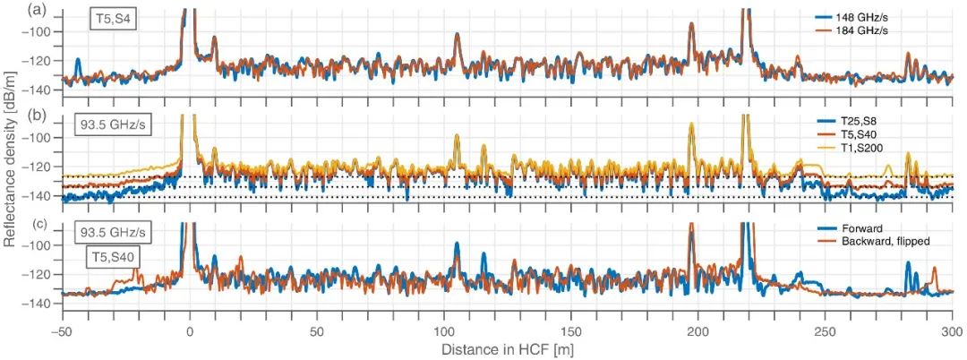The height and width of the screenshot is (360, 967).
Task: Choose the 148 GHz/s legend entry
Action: [x=866, y=17]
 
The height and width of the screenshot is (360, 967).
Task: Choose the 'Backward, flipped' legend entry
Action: [x=882, y=240]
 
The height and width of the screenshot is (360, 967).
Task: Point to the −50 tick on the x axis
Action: [x=62, y=330]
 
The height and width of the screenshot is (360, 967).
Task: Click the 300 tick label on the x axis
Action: [x=952, y=330]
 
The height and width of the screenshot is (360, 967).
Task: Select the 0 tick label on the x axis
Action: [x=190, y=330]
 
